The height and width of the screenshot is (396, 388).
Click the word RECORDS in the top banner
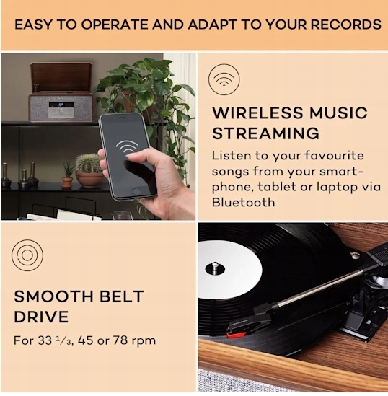pyautogui.click(x=345, y=25)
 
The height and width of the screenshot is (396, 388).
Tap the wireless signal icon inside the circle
pyautogui.click(x=224, y=79)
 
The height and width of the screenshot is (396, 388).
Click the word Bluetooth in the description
pyautogui.click(x=243, y=202)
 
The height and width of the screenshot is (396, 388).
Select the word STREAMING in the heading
pyautogui.click(x=265, y=133)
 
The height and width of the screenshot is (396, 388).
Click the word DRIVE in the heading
pyautogui.click(x=41, y=317)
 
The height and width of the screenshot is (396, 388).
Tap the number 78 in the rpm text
pyautogui.click(x=120, y=340)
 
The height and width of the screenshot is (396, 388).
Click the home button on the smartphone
pyautogui.click(x=136, y=191)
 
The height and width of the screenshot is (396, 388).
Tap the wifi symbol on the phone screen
pyautogui.click(x=127, y=147)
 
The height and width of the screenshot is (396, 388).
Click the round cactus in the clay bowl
pyautogui.click(x=88, y=163)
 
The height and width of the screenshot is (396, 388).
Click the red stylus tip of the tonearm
pyautogui.click(x=235, y=335)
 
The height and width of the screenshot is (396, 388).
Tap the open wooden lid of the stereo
pyautogui.click(x=61, y=76)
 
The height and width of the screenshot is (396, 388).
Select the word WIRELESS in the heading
pyautogui.click(x=257, y=113)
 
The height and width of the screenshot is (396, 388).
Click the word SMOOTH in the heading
pyautogui.click(x=54, y=296)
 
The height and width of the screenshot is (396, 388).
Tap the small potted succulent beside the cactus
pyautogui.click(x=67, y=175)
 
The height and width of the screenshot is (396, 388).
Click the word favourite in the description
pyautogui.click(x=334, y=156)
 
